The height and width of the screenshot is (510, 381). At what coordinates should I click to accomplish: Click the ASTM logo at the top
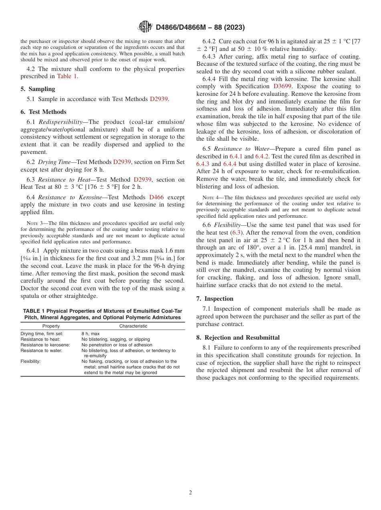point(145,27)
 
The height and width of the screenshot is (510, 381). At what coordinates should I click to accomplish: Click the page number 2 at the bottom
point(190,493)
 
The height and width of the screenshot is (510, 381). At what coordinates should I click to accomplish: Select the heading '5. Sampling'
point(38,89)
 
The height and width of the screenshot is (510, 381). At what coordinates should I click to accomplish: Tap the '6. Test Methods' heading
point(43,112)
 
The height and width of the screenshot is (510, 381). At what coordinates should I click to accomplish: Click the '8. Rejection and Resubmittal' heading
point(238,338)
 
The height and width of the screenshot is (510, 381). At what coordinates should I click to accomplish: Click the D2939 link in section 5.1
point(159,99)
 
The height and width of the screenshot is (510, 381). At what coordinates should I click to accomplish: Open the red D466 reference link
point(156,197)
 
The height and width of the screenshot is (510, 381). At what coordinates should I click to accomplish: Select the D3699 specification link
point(283,86)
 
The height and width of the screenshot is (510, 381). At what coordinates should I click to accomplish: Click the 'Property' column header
point(51,326)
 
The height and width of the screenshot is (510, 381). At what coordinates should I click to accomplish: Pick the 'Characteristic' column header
point(133,326)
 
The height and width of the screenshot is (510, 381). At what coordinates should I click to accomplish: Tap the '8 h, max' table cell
point(91,334)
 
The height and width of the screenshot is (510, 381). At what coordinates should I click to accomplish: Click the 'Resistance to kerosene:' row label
point(45,345)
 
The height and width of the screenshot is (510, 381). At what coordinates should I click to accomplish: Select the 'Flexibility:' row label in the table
point(30,361)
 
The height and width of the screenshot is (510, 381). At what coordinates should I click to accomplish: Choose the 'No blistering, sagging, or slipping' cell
point(116,339)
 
